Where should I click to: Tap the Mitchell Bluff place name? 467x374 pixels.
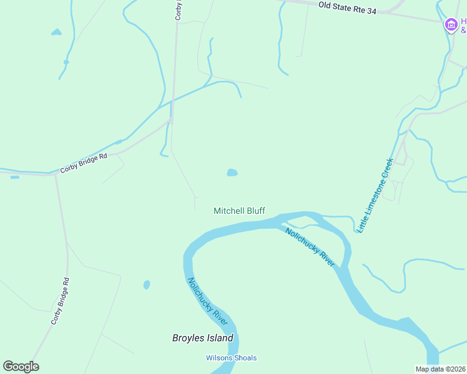[239, 211]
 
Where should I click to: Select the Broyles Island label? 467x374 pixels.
[202, 338]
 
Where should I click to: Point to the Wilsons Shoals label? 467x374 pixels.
[231, 358]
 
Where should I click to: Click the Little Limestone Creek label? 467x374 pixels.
[375, 196]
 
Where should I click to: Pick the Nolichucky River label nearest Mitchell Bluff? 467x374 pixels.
[310, 247]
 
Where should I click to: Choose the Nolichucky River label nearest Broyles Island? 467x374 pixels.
[207, 300]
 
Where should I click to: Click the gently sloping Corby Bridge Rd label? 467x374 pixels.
[84, 163]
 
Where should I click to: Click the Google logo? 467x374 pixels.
[21, 367]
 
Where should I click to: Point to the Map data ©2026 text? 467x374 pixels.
[441, 369]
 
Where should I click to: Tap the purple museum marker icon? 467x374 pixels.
[451, 25]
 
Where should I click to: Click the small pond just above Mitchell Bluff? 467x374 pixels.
[232, 172]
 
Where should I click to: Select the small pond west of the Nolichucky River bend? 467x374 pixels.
[147, 285]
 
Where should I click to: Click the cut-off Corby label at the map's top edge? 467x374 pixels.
[178, 10]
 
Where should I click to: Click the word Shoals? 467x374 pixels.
[245, 358]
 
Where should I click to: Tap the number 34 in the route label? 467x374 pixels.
[371, 11]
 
